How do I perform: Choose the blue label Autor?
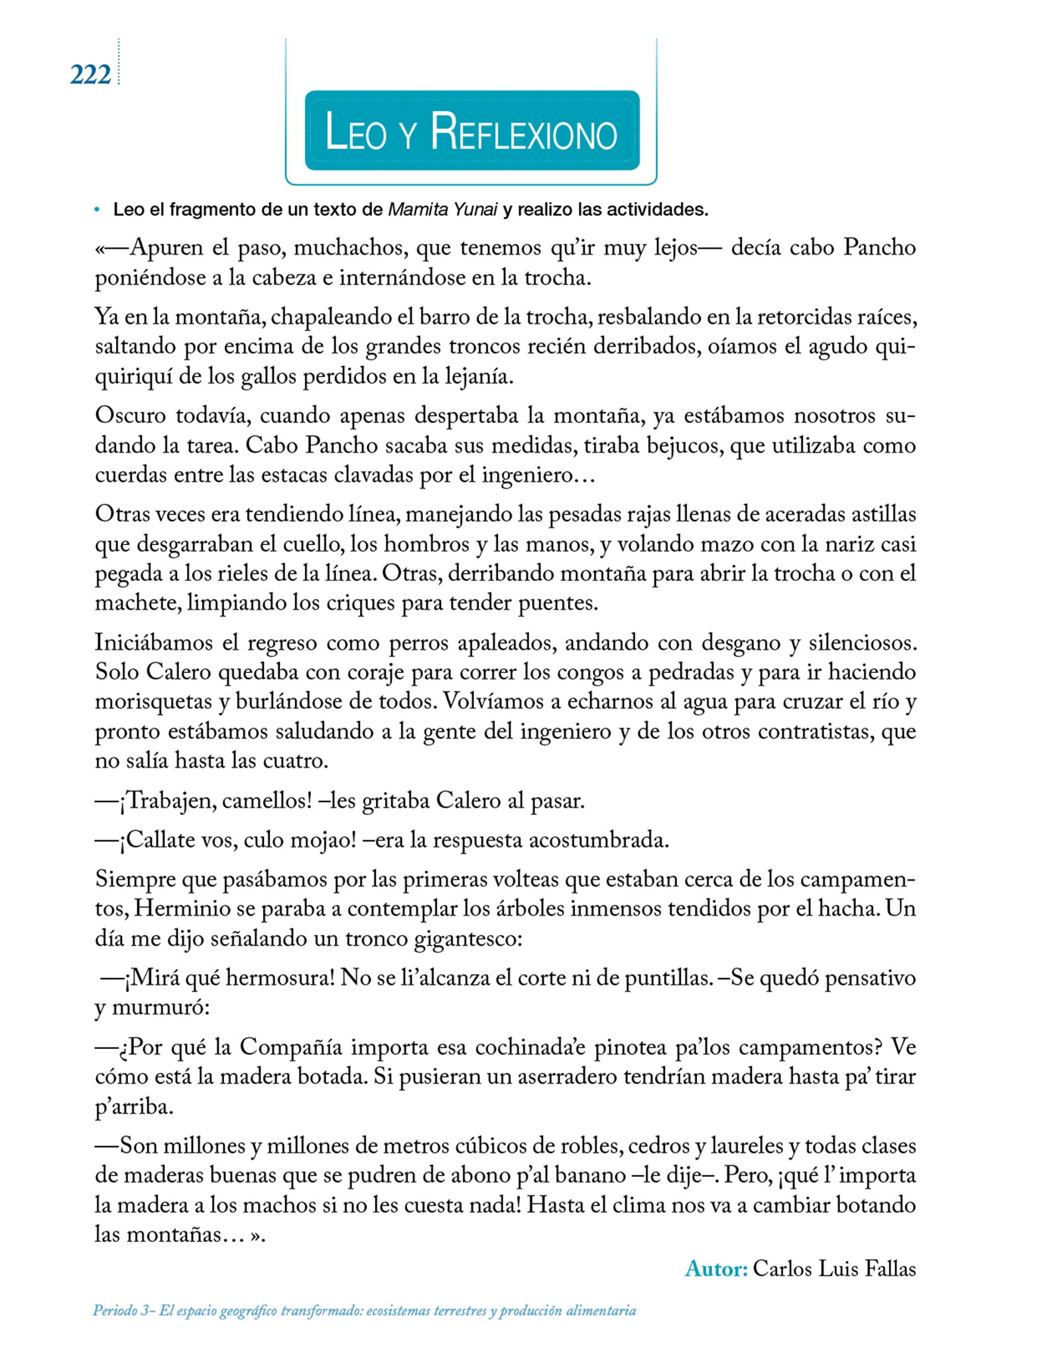[x=716, y=1268]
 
